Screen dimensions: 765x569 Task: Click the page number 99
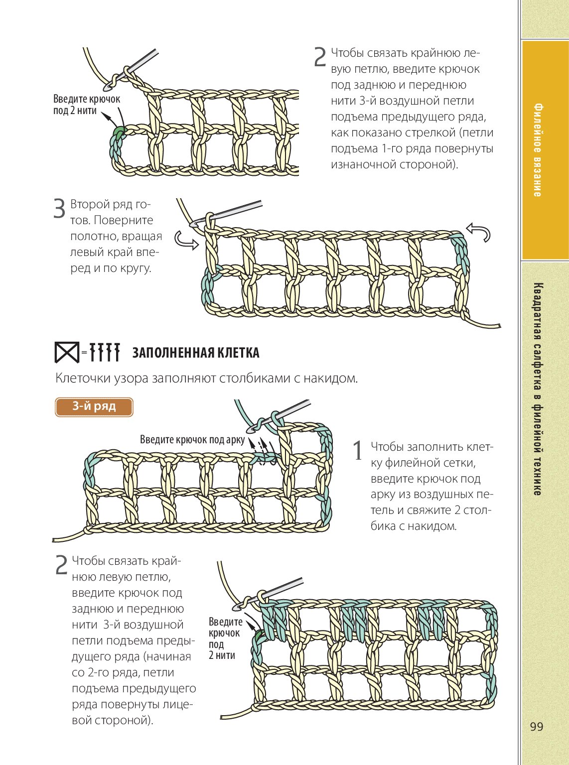(536, 727)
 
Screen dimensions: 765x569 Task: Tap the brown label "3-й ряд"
(94, 406)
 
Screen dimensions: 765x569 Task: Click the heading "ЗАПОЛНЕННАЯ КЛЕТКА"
(195, 353)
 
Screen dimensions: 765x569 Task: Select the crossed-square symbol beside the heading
(66, 353)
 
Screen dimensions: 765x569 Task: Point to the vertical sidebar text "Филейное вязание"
(538, 150)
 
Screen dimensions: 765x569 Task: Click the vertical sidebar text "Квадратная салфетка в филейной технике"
(538, 388)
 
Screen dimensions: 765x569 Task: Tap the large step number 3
(59, 209)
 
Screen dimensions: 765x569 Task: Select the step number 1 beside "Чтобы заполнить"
(358, 451)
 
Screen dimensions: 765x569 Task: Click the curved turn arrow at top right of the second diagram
(478, 232)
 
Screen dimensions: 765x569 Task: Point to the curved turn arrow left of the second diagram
(185, 240)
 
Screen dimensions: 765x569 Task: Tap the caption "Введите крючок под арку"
(192, 440)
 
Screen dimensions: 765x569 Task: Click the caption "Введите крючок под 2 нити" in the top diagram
(86, 105)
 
